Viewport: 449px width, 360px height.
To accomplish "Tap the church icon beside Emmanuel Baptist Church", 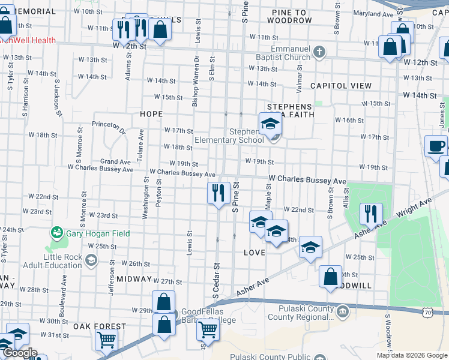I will [x=319, y=52].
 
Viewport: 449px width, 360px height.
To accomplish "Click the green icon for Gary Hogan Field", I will [x=57, y=232].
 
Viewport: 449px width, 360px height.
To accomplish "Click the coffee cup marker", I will [x=436, y=145].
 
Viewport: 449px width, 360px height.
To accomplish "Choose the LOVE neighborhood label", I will [x=255, y=253].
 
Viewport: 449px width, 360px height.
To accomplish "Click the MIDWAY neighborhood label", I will [x=134, y=279].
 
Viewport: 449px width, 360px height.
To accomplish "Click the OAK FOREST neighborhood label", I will [x=100, y=327].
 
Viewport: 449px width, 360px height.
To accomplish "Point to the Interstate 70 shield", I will [x=427, y=313].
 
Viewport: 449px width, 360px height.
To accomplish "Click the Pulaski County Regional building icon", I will [x=342, y=310].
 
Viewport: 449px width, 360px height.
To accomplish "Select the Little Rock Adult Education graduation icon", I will [x=91, y=260].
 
